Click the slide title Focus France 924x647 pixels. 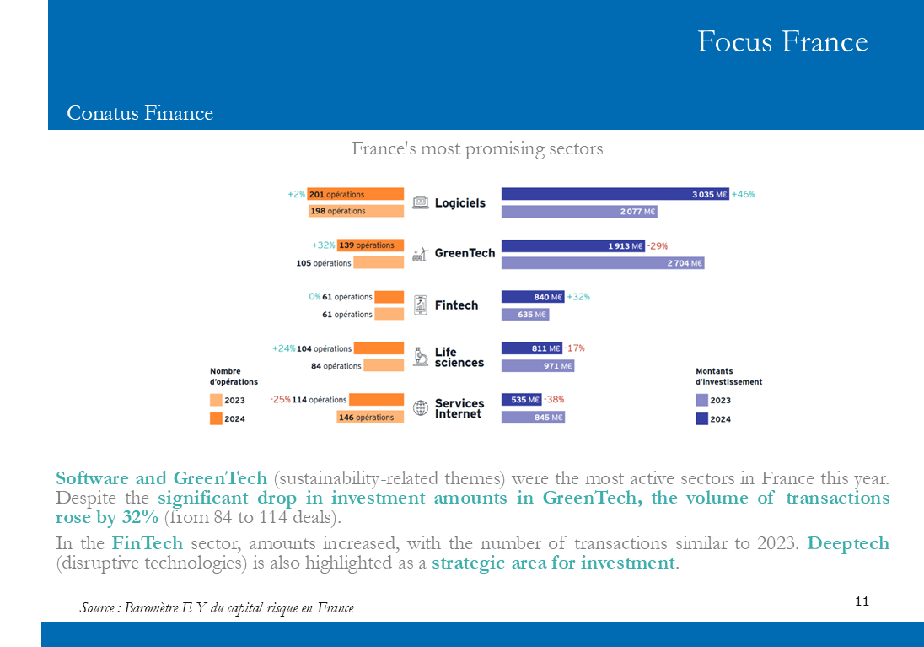pos(782,41)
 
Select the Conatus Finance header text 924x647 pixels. pos(140,113)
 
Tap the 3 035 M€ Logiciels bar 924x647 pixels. pos(615,194)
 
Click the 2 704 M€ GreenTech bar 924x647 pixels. pos(602,263)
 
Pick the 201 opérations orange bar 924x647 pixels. pos(355,194)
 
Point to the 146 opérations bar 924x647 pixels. pos(369,417)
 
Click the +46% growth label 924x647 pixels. pos(743,194)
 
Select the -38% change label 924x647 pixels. pos(554,399)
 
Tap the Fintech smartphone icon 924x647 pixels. pos(420,305)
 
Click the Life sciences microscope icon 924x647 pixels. pos(420,357)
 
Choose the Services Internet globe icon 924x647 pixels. pos(420,408)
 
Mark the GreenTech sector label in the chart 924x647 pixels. pos(465,253)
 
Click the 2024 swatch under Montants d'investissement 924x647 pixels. pos(701,418)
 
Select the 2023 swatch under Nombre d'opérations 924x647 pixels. pos(216,400)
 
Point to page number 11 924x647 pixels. pos(862,601)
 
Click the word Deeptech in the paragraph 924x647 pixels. pos(847,542)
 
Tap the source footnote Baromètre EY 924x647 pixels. pos(217,607)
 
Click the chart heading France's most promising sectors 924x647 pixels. pos(477,148)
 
